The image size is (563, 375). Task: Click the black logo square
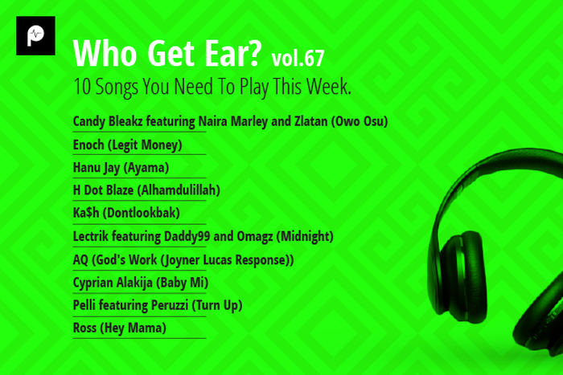click(35, 36)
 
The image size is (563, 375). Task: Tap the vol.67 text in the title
click(298, 58)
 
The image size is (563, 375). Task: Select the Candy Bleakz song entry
click(230, 122)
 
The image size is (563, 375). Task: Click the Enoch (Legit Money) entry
click(127, 145)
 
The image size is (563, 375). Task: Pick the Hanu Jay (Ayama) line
click(121, 168)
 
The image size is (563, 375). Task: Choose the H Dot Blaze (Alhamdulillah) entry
click(146, 190)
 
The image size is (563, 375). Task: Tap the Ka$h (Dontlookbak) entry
click(125, 214)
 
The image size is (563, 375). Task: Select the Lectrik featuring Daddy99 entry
click(203, 236)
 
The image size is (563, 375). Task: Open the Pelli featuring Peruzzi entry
click(157, 305)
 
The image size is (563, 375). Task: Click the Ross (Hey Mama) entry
click(119, 328)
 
